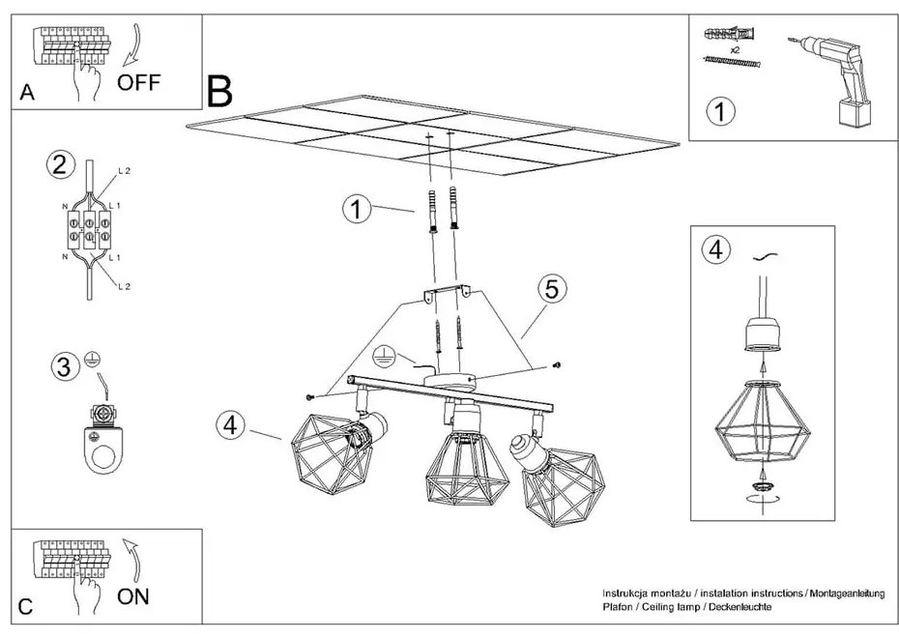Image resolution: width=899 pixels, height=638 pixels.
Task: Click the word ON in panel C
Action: (134, 595)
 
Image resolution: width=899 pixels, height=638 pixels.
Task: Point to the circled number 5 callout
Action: (550, 290)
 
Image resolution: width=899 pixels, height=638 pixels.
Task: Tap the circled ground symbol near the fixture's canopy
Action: (384, 355)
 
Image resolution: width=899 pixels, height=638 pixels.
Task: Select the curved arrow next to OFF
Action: (130, 43)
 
